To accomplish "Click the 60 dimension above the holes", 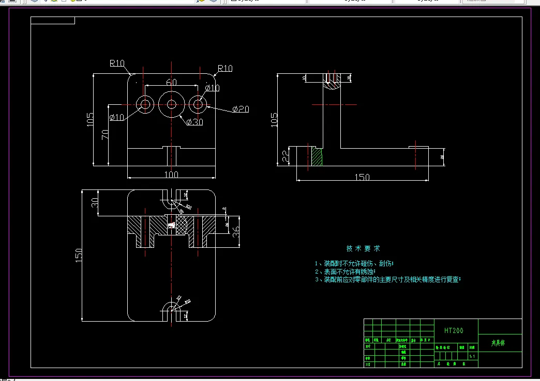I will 171,82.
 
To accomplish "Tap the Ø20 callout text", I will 241,109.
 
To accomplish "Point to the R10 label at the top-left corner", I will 117,63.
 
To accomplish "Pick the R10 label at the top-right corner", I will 225,68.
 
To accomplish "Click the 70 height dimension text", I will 105,135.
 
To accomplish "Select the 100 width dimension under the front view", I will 171,174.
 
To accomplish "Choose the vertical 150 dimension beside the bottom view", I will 79,256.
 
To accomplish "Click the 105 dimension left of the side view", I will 274,120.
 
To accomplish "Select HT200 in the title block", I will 454,330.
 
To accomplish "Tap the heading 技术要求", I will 367,248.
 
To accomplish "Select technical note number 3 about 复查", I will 387,279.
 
